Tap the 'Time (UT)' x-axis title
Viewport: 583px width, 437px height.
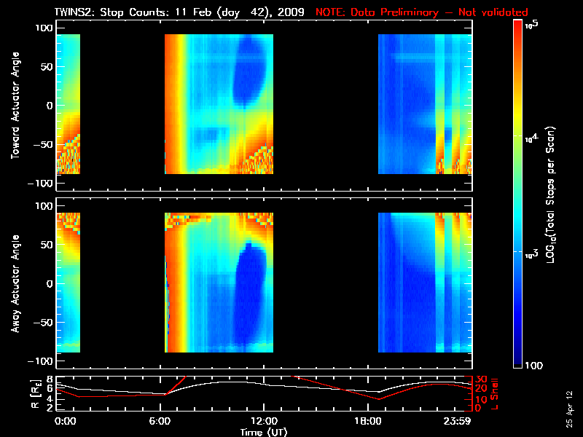click(x=264, y=432)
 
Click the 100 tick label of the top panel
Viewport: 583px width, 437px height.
click(x=44, y=28)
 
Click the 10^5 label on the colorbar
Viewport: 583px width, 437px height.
click(x=531, y=25)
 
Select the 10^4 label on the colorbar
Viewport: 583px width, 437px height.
click(x=531, y=137)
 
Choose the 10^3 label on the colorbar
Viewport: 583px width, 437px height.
click(x=531, y=252)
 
